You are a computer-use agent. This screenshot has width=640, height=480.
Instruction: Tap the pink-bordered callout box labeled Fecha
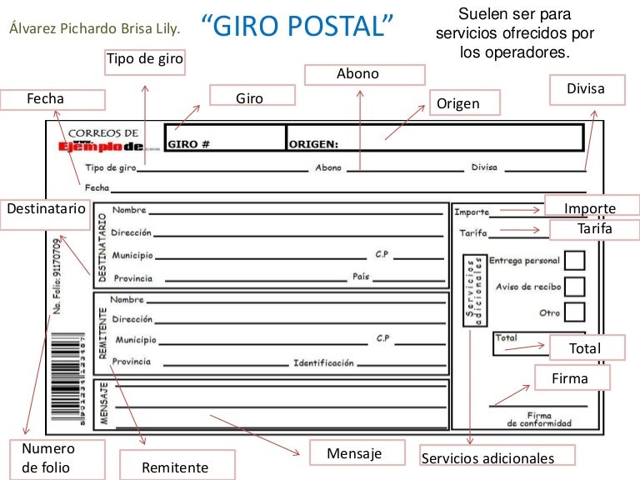(55, 99)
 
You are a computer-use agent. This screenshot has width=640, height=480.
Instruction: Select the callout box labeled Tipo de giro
(144, 60)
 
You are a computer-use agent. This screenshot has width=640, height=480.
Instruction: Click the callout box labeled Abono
(358, 74)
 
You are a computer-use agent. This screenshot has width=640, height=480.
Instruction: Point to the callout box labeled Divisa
(586, 89)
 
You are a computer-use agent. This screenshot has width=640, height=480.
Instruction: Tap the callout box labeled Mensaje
(354, 453)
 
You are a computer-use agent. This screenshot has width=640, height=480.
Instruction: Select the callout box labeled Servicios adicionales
(487, 457)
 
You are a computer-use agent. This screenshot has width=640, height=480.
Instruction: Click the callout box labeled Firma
(571, 378)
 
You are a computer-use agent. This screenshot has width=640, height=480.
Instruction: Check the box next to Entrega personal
(574, 260)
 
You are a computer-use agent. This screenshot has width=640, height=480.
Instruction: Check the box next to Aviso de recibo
(574, 287)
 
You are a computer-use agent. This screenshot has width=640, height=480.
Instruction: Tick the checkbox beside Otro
(574, 312)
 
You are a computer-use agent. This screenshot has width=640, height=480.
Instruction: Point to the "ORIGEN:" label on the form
(313, 144)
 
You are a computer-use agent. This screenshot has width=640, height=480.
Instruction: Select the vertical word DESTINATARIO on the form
(102, 246)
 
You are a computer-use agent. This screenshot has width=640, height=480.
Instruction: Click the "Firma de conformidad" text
(539, 419)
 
